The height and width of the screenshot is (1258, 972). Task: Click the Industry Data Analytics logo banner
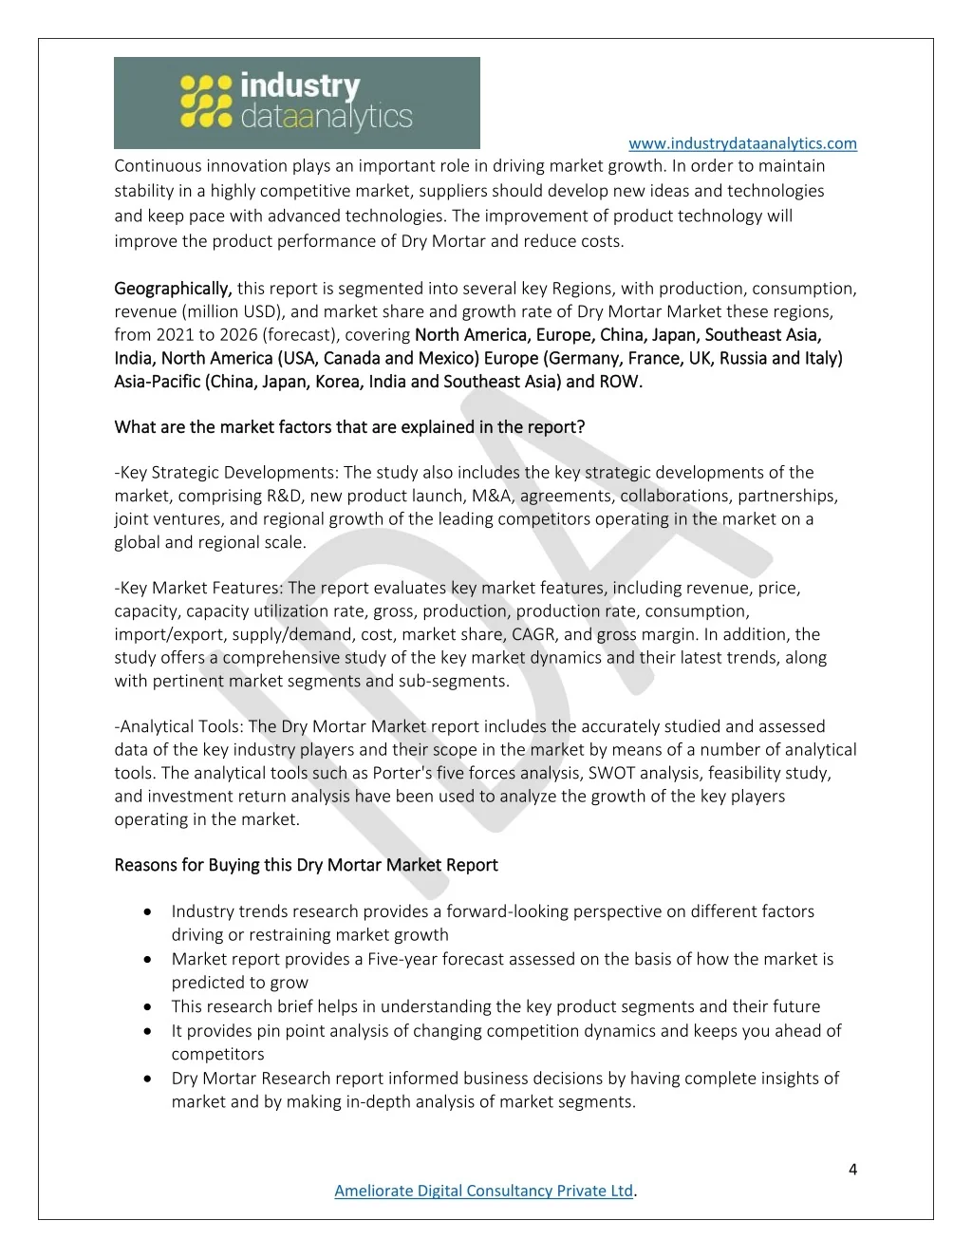coord(296,103)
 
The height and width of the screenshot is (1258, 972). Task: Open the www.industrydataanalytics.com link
coord(742,143)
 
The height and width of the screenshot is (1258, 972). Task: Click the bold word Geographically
coord(173,289)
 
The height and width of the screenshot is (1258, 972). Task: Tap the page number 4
coord(852,1169)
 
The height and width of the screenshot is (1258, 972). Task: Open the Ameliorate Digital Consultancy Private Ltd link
coord(483,1191)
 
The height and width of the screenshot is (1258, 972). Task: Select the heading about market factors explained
coord(349,427)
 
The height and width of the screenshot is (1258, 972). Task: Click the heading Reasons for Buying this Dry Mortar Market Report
coord(306,865)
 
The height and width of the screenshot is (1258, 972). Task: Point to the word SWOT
coord(611,773)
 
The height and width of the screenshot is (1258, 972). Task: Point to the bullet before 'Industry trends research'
coord(148,911)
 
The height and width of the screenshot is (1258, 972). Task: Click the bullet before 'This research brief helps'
coord(148,1006)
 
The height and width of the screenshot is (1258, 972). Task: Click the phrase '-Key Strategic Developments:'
coord(227,473)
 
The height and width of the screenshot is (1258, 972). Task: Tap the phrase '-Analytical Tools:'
coord(180,726)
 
